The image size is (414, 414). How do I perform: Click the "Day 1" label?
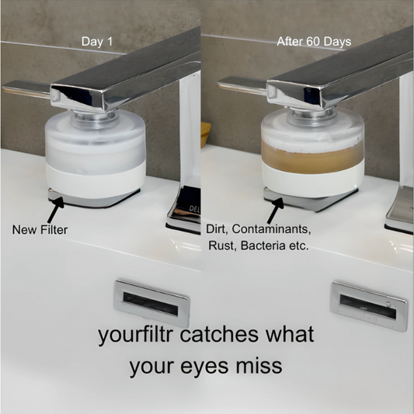pos(97,41)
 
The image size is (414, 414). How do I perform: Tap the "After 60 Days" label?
pos(314,41)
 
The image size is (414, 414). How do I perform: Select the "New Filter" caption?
pos(40,230)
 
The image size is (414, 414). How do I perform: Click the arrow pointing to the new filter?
pos(55,210)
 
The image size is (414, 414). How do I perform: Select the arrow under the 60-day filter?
pos(275,210)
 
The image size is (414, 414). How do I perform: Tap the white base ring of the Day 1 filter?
pos(96,183)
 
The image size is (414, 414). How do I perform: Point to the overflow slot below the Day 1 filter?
pos(151,304)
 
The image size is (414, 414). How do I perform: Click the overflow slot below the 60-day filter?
pos(369,307)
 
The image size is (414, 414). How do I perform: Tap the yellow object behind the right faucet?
pos(206,134)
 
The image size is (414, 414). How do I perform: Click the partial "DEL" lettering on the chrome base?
pos(195,209)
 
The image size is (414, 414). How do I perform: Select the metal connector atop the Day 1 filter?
pos(95,119)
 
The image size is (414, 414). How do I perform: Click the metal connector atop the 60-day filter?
pos(312,117)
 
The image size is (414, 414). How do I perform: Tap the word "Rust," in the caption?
pos(223,245)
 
